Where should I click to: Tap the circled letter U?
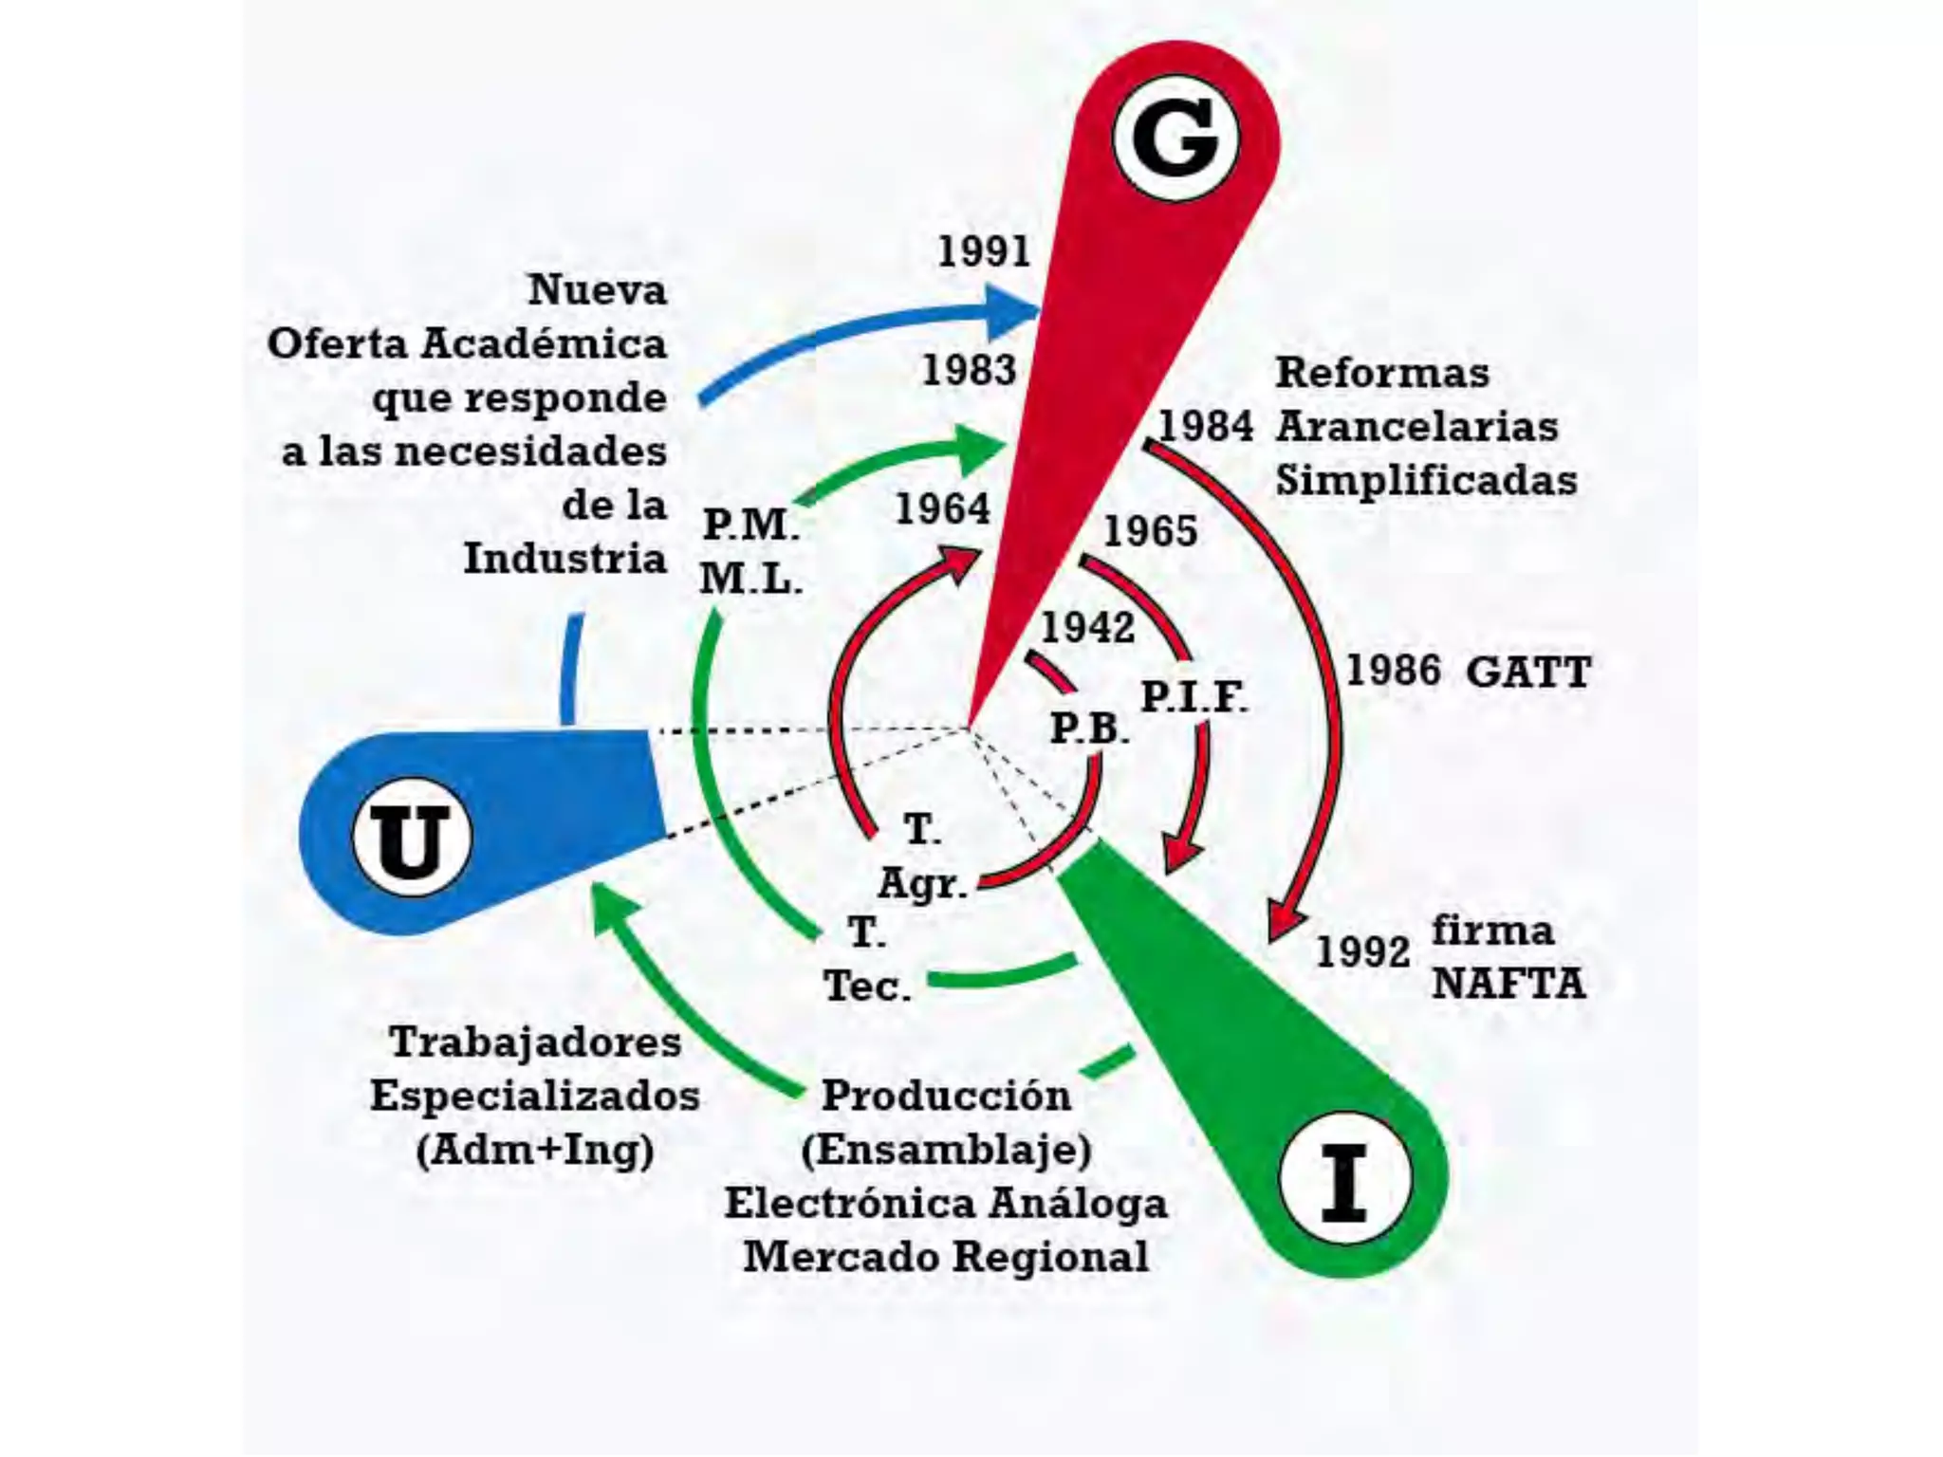pyautogui.click(x=411, y=839)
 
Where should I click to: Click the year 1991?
pyautogui.click(x=984, y=251)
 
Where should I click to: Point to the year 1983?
pyautogui.click(x=969, y=370)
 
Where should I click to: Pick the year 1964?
pyautogui.click(x=942, y=509)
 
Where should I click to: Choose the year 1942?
pyautogui.click(x=1087, y=628)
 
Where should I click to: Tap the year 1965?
pyautogui.click(x=1150, y=531)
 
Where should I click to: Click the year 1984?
pyautogui.click(x=1206, y=426)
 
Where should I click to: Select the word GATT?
pyautogui.click(x=1527, y=673)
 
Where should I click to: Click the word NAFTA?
pyautogui.click(x=1508, y=984)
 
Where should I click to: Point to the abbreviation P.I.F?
pyautogui.click(x=1194, y=697)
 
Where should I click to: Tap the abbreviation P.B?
pyautogui.click(x=1089, y=728)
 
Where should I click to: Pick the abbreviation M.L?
pyautogui.click(x=750, y=578)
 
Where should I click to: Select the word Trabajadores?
pyautogui.click(x=535, y=1042)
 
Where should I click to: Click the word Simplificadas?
pyautogui.click(x=1426, y=480)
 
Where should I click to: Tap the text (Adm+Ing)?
pyautogui.click(x=535, y=1150)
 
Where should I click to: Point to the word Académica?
pyautogui.click(x=544, y=343)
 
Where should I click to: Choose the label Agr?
pyautogui.click(x=922, y=883)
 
